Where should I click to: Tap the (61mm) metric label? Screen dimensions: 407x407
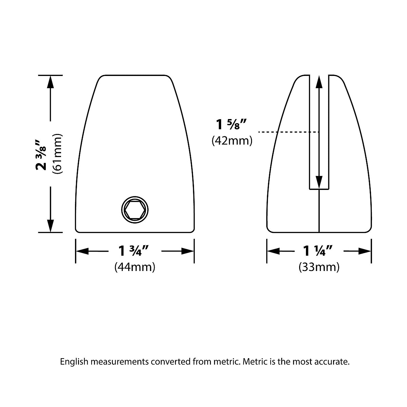tap(57, 154)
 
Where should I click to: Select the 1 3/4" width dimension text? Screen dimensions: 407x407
tap(134, 251)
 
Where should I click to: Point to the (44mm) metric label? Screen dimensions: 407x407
tap(135, 267)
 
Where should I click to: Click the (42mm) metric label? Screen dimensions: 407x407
tap(232, 140)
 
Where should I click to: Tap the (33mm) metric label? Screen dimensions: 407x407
tap(319, 267)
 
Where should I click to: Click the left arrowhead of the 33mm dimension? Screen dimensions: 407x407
tap(273, 251)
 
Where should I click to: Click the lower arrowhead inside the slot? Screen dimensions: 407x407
tap(319, 182)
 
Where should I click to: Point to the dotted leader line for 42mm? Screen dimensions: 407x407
tap(288, 132)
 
